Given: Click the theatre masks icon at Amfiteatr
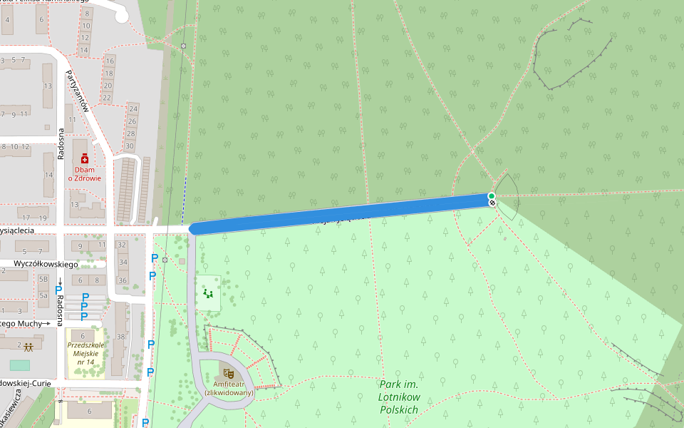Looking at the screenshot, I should [x=229, y=372].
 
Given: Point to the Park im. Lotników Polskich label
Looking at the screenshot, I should [x=399, y=397].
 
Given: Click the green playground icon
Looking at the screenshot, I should [x=208, y=292].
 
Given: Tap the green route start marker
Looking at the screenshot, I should [x=492, y=195].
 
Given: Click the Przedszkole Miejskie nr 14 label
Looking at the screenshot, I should [x=85, y=353].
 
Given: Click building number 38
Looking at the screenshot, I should [x=120, y=337].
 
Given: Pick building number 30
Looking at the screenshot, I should [x=130, y=146].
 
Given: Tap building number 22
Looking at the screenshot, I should [x=108, y=98].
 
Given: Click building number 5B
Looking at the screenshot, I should [x=43, y=280].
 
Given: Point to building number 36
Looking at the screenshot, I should [x=122, y=280].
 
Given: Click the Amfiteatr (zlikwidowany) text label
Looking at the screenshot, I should [x=229, y=388].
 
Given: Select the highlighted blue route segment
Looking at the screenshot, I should [x=342, y=212].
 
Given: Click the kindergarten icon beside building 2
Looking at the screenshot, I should [x=28, y=347].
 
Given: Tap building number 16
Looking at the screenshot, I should [x=109, y=61].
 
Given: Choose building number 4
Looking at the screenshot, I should [x=8, y=19].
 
